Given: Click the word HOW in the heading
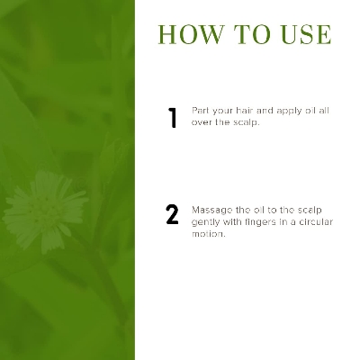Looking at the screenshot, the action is [191, 35].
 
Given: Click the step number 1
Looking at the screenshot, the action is [173, 118].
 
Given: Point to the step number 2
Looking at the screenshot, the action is [172, 214].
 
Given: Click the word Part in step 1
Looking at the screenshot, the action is [200, 111].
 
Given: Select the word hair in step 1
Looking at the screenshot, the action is [244, 111].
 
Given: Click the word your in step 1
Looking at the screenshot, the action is [222, 112].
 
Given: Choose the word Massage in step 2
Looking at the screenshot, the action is [212, 211].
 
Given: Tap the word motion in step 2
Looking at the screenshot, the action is [208, 234].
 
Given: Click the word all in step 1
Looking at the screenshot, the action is [324, 111].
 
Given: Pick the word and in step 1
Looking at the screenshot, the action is [265, 111].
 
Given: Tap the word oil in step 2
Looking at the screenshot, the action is [258, 210].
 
